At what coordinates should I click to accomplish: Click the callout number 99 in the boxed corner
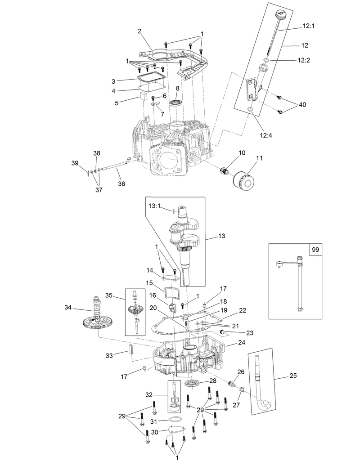click(x=315, y=249)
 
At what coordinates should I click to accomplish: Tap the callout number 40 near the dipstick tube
click(x=302, y=104)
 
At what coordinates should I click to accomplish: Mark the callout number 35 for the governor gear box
click(x=108, y=295)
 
